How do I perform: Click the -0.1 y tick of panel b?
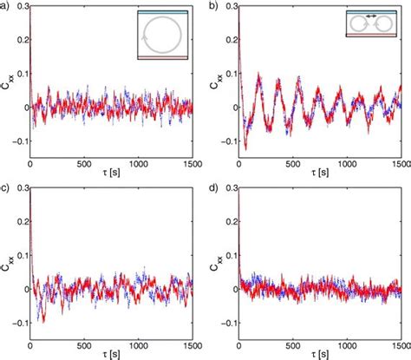click(x=226, y=141)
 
